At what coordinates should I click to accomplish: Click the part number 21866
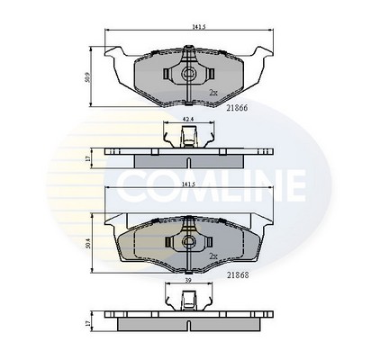click(237, 108)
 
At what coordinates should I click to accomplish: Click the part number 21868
click(238, 274)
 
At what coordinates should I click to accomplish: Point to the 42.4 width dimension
click(188, 119)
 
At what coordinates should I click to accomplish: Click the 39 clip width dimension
click(188, 280)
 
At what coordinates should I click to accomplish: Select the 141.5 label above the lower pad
click(189, 185)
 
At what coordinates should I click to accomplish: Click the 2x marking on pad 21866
click(213, 93)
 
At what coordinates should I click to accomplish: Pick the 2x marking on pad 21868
click(213, 256)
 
